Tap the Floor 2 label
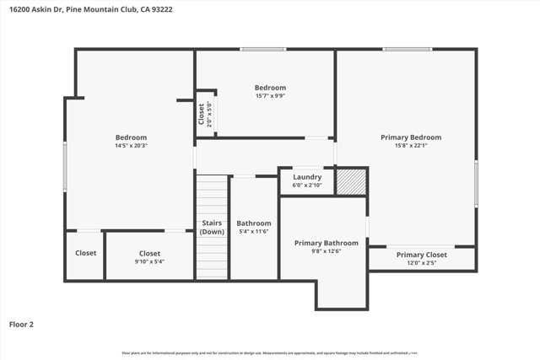22,324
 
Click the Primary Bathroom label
326,243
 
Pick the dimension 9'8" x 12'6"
326,251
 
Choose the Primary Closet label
422,255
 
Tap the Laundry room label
307,177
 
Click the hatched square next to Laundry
351,181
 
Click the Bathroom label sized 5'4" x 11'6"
253,223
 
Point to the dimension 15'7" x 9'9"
270,96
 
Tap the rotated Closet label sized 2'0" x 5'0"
202,113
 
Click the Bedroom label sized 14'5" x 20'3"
131,137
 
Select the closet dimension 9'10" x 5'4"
149,262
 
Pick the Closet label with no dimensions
85,253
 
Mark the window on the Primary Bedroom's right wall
476,184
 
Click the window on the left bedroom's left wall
65,166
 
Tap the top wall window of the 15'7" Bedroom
262,49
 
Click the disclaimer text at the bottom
270,353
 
